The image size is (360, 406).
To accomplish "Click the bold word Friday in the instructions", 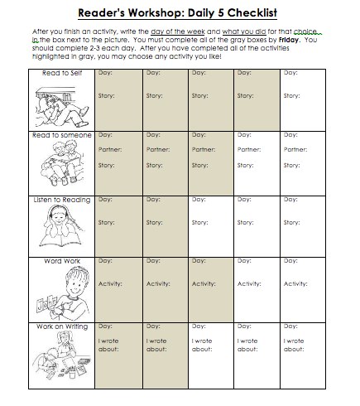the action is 289,40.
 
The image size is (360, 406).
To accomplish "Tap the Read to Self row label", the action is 62,73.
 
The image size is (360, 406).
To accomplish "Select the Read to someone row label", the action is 62,135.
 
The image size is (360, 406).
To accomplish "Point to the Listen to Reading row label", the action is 62,200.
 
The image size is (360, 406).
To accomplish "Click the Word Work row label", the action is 62,261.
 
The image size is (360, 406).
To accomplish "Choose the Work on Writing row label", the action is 62,326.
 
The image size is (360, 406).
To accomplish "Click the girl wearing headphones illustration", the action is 61,226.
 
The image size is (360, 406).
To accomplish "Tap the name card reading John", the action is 46,305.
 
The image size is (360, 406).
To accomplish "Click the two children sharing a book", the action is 62,162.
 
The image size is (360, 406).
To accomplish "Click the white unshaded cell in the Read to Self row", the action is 303,100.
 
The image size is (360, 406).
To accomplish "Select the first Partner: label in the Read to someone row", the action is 110,150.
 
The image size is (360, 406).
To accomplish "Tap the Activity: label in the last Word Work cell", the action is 295,283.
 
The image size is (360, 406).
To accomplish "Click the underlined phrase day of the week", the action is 178,31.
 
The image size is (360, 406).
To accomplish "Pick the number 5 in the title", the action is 220,13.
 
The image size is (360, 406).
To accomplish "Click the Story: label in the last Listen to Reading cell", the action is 291,223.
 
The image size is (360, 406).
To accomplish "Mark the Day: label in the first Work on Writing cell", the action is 105,326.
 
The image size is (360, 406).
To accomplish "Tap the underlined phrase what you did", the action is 244,31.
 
